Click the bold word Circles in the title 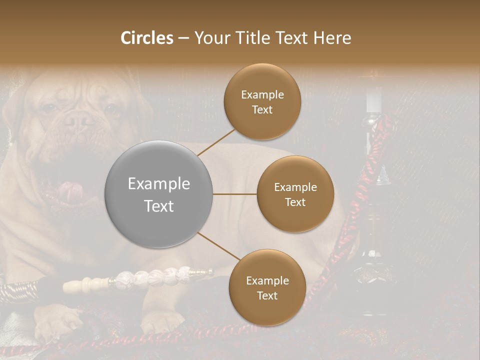(x=147, y=38)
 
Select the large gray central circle (x=159, y=194)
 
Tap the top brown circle (x=262, y=101)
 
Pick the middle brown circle (x=295, y=194)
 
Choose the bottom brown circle (x=267, y=287)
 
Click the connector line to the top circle (x=216, y=142)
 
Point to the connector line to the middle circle (x=235, y=194)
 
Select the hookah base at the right (x=370, y=272)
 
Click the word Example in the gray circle (x=159, y=184)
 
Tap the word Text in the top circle (x=262, y=109)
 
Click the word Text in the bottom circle (x=267, y=295)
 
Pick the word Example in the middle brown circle (x=295, y=187)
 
